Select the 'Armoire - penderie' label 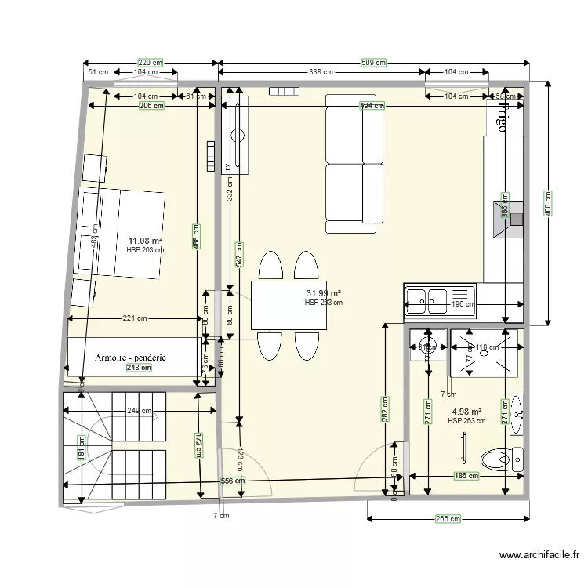(130, 357)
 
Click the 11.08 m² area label (146, 241)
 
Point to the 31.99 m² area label (323, 293)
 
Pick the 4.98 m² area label (466, 412)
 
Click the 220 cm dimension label (151, 63)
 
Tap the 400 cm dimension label (547, 204)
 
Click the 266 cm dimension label (448, 518)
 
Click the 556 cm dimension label (232, 481)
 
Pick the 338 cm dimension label (321, 72)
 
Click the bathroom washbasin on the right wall (516, 413)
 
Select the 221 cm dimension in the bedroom (135, 318)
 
